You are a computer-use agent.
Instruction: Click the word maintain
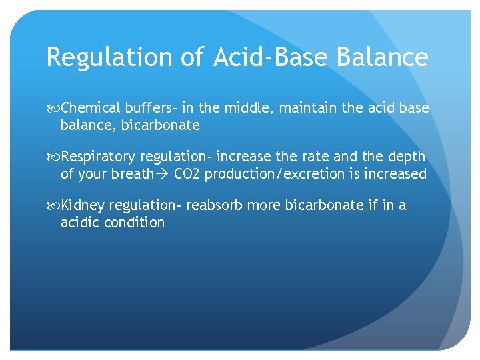click(308, 107)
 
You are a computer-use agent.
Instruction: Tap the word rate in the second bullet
click(312, 157)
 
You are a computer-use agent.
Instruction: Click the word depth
click(405, 157)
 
